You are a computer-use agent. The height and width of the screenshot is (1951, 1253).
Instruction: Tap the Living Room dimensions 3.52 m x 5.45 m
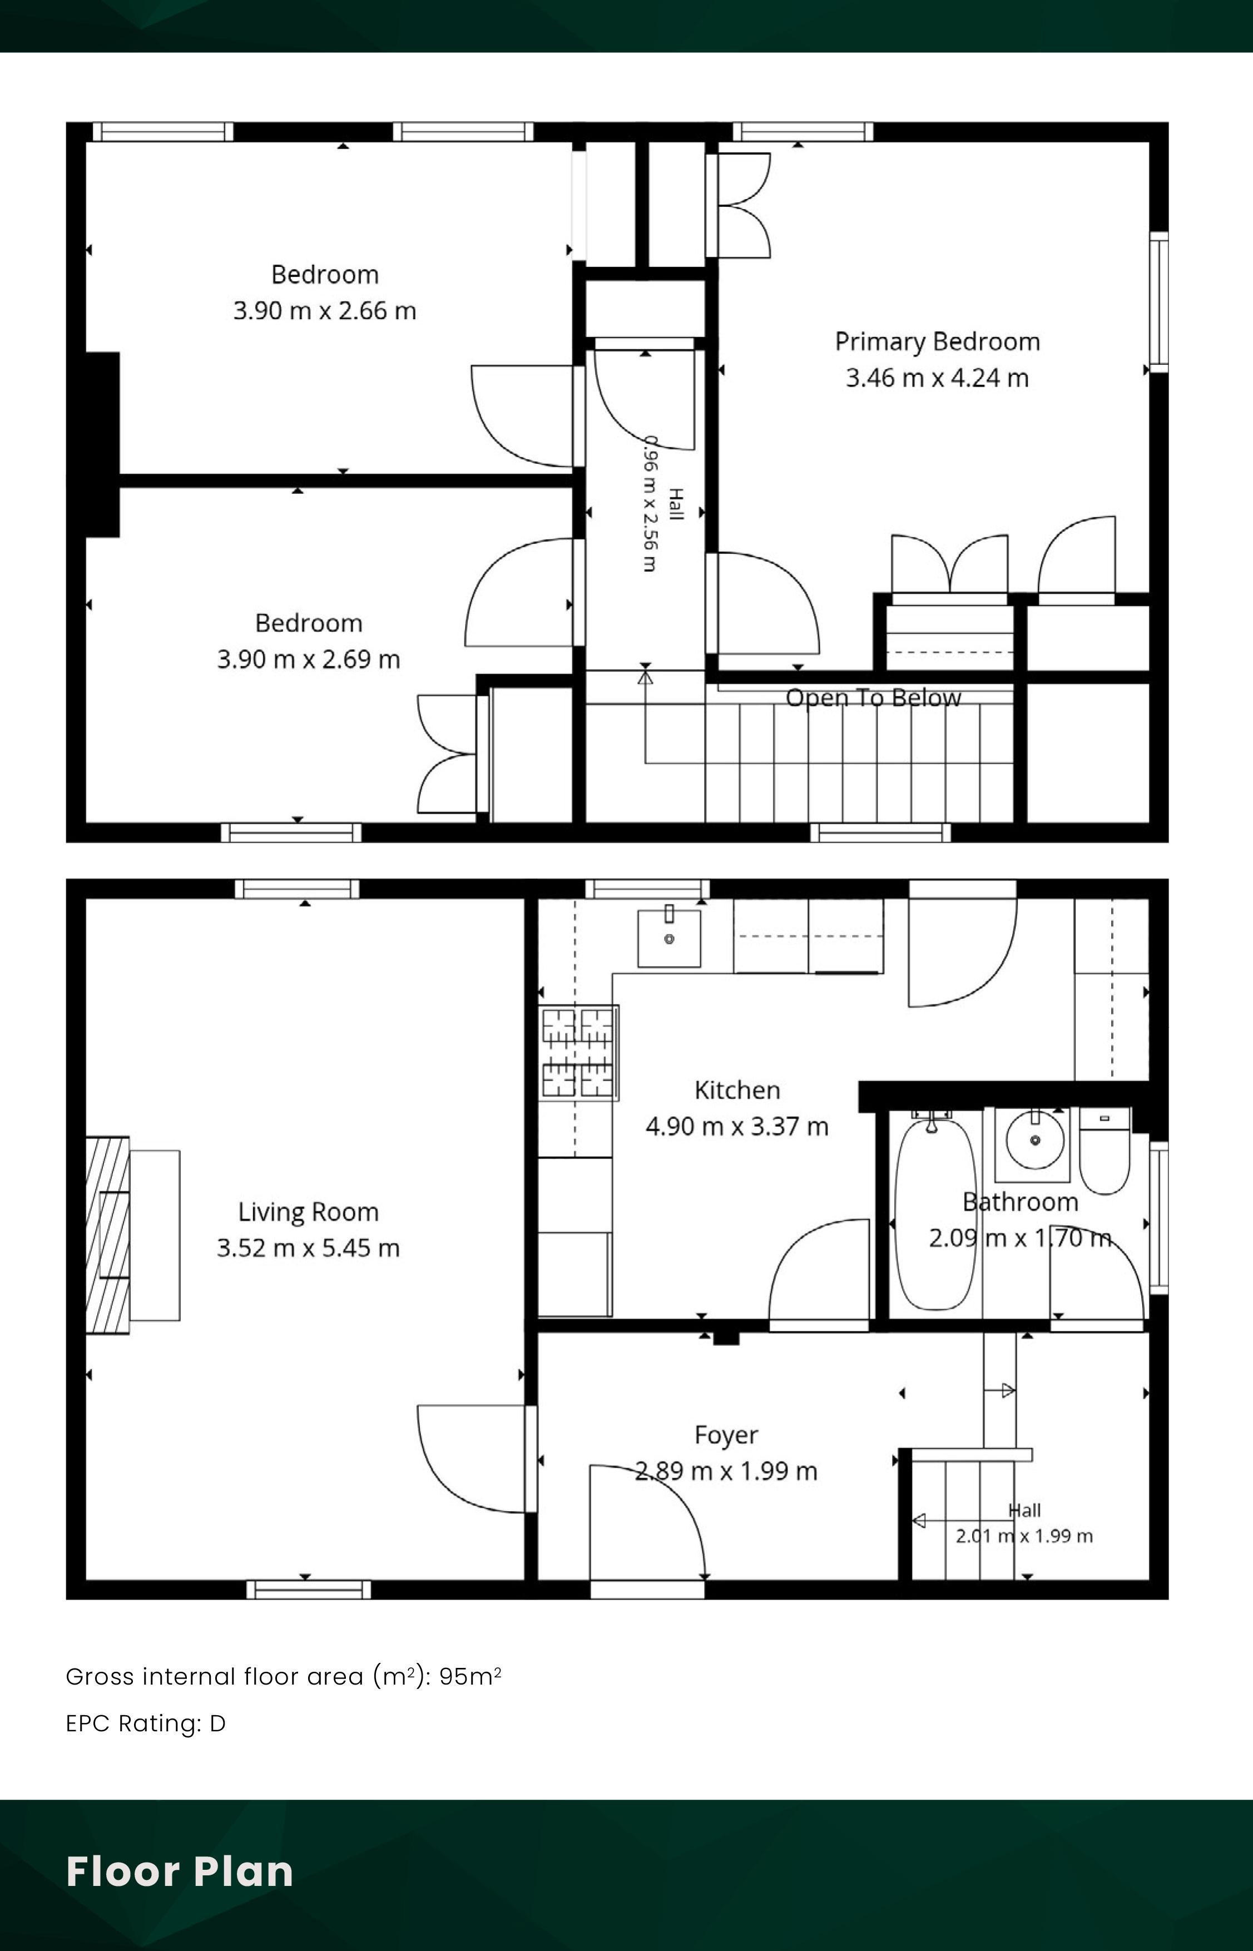click(308, 1248)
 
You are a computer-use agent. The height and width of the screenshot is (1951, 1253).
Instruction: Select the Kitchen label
click(737, 1090)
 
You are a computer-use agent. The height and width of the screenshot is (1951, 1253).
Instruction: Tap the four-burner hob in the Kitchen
click(578, 1053)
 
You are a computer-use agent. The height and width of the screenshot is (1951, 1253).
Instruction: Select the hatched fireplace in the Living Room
click(107, 1235)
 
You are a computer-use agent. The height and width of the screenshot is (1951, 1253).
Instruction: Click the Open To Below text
click(873, 698)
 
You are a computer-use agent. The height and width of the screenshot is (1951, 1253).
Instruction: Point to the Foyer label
click(726, 1435)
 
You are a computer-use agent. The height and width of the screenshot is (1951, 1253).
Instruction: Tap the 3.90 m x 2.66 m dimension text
click(325, 311)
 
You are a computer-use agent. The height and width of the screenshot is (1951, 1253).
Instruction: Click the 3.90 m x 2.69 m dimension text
click(308, 659)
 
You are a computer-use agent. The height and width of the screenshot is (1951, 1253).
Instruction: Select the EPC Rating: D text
click(146, 1723)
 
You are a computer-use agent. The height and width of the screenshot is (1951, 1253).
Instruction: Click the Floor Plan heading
click(180, 1871)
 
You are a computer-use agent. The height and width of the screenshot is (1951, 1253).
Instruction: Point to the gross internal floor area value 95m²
click(471, 1676)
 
